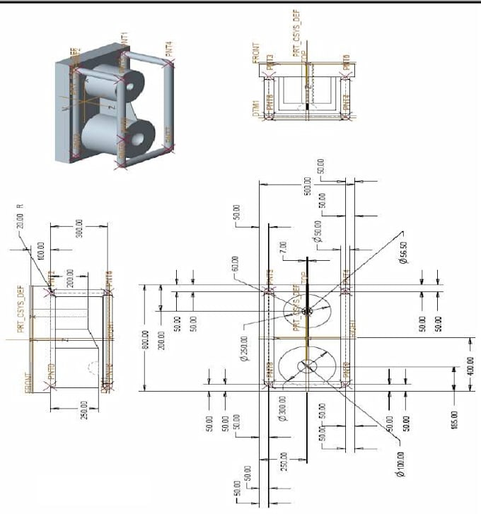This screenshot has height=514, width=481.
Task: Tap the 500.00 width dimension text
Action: coord(308,185)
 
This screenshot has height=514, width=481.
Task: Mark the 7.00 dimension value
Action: coord(283,248)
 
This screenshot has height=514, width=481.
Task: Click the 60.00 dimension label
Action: coord(235,263)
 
